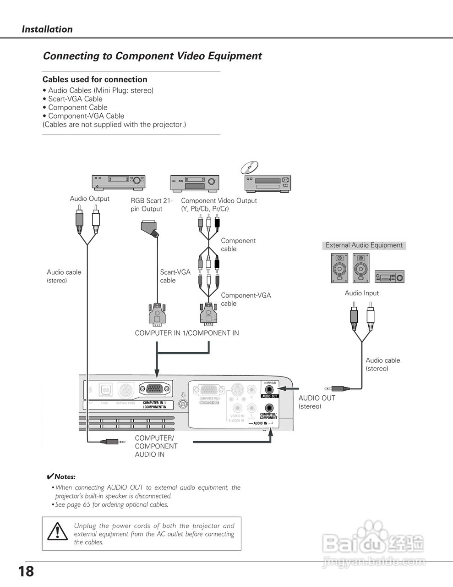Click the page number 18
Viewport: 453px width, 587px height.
coord(26,571)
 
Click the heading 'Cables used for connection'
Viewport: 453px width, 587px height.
coord(95,79)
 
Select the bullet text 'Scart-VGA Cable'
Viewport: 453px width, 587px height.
coord(75,99)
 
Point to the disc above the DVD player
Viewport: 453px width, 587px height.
coord(250,167)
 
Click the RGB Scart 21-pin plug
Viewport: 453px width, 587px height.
coord(150,227)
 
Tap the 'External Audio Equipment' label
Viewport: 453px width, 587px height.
coord(364,245)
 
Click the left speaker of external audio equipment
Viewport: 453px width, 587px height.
coord(339,268)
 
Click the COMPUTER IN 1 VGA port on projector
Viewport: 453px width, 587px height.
coord(156,390)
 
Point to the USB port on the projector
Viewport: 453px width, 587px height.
coord(105,391)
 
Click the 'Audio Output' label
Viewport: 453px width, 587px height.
coord(89,199)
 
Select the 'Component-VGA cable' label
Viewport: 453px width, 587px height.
coord(246,299)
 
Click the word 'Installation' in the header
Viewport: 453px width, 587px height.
coord(47,29)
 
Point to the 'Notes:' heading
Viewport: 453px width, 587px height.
coord(65,477)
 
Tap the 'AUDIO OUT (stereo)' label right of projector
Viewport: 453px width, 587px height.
coord(317,402)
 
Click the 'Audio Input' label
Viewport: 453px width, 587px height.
coord(361,293)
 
